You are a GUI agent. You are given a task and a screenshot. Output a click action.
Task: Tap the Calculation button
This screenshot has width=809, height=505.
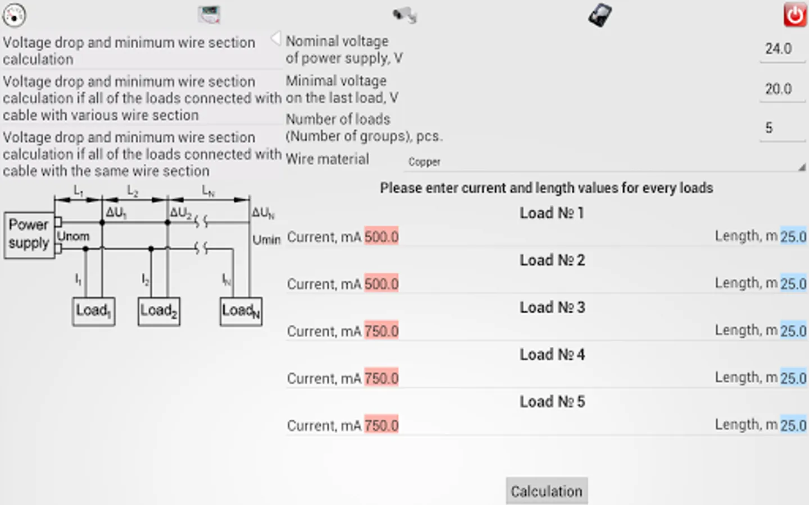[x=547, y=491]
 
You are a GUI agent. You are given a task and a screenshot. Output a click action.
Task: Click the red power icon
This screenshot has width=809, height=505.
[x=795, y=15]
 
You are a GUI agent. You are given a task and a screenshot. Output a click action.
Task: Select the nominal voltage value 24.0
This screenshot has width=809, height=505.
[x=779, y=49]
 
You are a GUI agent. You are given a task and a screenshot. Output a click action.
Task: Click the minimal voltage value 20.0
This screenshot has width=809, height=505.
[x=779, y=89]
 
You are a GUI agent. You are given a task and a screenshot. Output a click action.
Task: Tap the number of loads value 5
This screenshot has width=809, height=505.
[x=769, y=128]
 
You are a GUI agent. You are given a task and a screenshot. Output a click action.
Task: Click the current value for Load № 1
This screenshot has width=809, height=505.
[x=381, y=237]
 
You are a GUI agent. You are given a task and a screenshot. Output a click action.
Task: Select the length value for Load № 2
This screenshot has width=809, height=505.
[x=793, y=283]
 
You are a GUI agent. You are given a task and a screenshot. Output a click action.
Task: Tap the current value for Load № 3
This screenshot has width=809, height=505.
[x=381, y=331]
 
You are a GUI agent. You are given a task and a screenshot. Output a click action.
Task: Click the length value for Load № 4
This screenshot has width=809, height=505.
[x=793, y=378]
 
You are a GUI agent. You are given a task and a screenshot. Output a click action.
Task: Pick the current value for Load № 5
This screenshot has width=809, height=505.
[x=381, y=425]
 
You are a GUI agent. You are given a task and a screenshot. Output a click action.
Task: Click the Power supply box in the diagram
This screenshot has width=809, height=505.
[x=29, y=235]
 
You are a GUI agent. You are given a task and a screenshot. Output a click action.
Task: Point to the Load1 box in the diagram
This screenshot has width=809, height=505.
[x=94, y=311]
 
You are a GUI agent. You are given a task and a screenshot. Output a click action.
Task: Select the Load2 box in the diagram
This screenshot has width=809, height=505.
[x=159, y=311]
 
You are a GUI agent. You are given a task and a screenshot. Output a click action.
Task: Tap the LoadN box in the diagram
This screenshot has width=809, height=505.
[x=241, y=311]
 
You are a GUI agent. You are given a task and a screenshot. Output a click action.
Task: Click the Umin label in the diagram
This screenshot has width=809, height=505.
[x=266, y=240]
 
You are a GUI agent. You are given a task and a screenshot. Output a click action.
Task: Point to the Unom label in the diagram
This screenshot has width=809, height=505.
[x=73, y=236]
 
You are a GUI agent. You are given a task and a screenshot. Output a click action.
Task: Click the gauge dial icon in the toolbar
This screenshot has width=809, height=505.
[x=14, y=15]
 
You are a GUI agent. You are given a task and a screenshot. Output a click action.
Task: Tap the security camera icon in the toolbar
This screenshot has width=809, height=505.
[x=405, y=15]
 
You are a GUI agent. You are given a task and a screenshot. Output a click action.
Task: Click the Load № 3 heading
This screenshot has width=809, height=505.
[x=552, y=307]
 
